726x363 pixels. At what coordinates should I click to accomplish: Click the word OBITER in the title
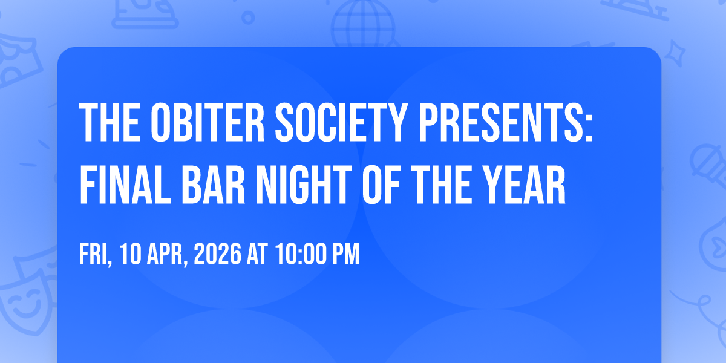click(x=208, y=122)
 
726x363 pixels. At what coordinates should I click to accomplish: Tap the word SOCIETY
click(x=341, y=122)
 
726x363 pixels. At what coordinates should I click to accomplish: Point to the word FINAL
click(x=125, y=185)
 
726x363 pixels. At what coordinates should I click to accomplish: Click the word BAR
click(x=213, y=185)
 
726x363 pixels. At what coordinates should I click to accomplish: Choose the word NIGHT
click(x=304, y=185)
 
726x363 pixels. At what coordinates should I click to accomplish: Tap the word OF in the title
click(x=382, y=185)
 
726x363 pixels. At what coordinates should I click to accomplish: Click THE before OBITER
click(x=110, y=122)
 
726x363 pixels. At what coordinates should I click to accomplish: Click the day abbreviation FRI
click(x=94, y=255)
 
